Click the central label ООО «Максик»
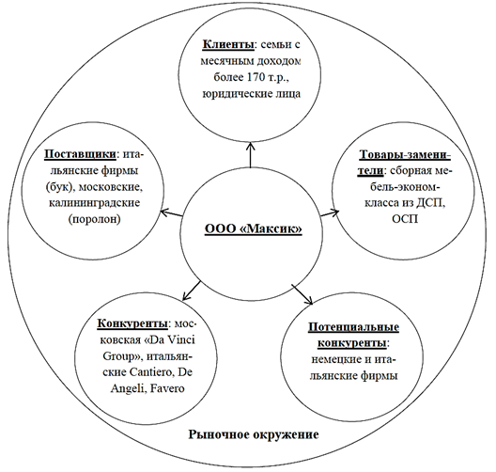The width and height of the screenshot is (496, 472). [x=254, y=228]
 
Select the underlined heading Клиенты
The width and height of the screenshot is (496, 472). [x=228, y=44]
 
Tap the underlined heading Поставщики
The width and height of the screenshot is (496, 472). [x=80, y=154]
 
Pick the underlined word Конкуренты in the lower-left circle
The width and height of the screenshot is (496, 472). [x=132, y=323]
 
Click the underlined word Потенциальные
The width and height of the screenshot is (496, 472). [x=353, y=327]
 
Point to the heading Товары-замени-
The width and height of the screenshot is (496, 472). [x=405, y=155]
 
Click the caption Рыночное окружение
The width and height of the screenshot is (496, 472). [x=254, y=434]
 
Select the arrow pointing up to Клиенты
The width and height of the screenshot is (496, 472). [x=251, y=154]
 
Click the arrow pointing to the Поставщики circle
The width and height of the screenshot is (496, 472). [x=171, y=213]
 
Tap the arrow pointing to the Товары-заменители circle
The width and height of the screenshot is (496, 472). [x=330, y=212]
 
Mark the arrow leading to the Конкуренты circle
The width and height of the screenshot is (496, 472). [x=192, y=291]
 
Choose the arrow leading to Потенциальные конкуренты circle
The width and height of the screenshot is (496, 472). [x=302, y=294]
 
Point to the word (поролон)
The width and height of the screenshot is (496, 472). [x=94, y=219]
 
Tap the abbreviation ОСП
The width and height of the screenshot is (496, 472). [x=405, y=219]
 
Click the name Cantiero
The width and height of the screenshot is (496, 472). [x=152, y=372]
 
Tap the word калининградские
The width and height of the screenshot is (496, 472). [x=94, y=202]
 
